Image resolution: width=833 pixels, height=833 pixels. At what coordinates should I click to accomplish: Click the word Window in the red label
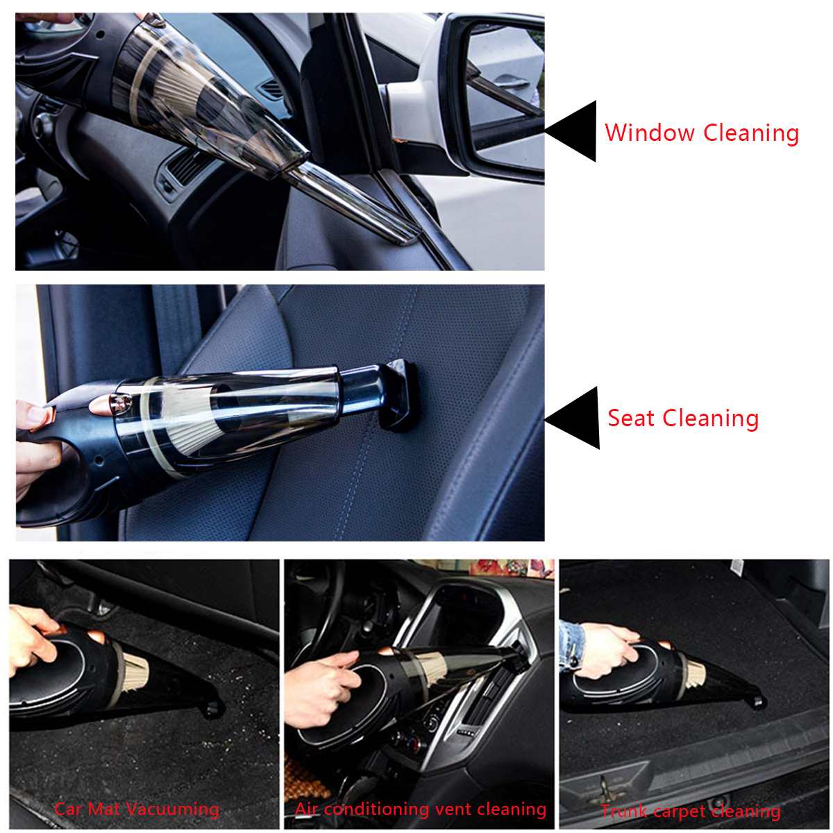[650, 132]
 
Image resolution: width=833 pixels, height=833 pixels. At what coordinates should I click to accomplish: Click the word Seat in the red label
[632, 418]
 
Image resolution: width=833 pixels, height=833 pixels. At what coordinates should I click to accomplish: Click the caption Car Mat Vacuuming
[137, 809]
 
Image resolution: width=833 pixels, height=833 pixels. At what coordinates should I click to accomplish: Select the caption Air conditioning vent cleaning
[420, 809]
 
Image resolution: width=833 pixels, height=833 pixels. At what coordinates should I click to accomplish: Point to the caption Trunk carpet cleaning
[690, 811]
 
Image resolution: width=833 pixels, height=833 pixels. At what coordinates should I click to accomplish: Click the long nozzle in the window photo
[354, 205]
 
